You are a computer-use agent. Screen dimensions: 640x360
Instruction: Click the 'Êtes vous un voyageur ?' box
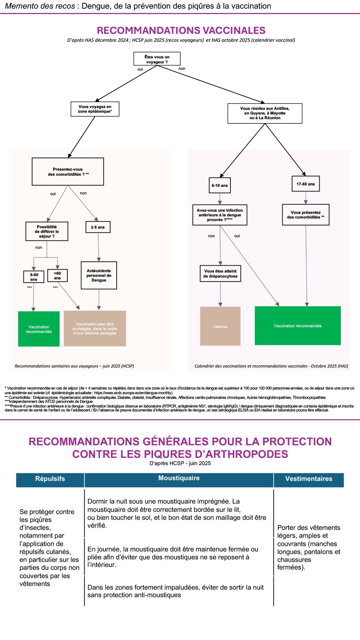tap(157, 59)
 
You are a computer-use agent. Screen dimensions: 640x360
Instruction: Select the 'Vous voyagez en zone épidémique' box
tap(95, 109)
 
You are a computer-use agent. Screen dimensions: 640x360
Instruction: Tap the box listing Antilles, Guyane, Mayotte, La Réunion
tap(265, 113)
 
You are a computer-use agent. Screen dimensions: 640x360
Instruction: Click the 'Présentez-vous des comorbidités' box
tap(68, 172)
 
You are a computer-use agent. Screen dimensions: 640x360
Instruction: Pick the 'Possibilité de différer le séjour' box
tap(47, 231)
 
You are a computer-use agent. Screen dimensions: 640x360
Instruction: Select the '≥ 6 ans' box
tap(98, 227)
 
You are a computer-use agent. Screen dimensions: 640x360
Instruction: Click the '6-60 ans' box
tap(34, 277)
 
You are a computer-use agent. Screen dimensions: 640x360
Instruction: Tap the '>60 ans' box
tap(57, 276)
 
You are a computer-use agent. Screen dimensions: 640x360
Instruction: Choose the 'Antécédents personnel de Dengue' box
tap(99, 275)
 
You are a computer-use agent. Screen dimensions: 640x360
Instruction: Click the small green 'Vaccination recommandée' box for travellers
tap(39, 329)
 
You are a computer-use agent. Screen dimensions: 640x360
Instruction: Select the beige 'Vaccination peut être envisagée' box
tap(95, 329)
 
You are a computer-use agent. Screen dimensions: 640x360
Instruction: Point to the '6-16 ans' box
tap(220, 186)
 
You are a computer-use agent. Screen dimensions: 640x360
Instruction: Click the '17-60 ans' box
tap(306, 184)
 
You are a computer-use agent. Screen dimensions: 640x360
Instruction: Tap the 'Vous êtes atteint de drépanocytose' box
tap(220, 274)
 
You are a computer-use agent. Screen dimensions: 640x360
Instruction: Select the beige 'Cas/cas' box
tap(220, 326)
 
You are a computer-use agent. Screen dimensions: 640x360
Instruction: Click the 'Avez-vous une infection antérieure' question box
tap(220, 215)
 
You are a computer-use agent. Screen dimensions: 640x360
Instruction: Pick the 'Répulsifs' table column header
tap(50, 479)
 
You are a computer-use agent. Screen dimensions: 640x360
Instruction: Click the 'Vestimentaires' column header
tap(309, 479)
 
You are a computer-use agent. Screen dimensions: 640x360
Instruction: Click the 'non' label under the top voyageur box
tap(182, 69)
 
